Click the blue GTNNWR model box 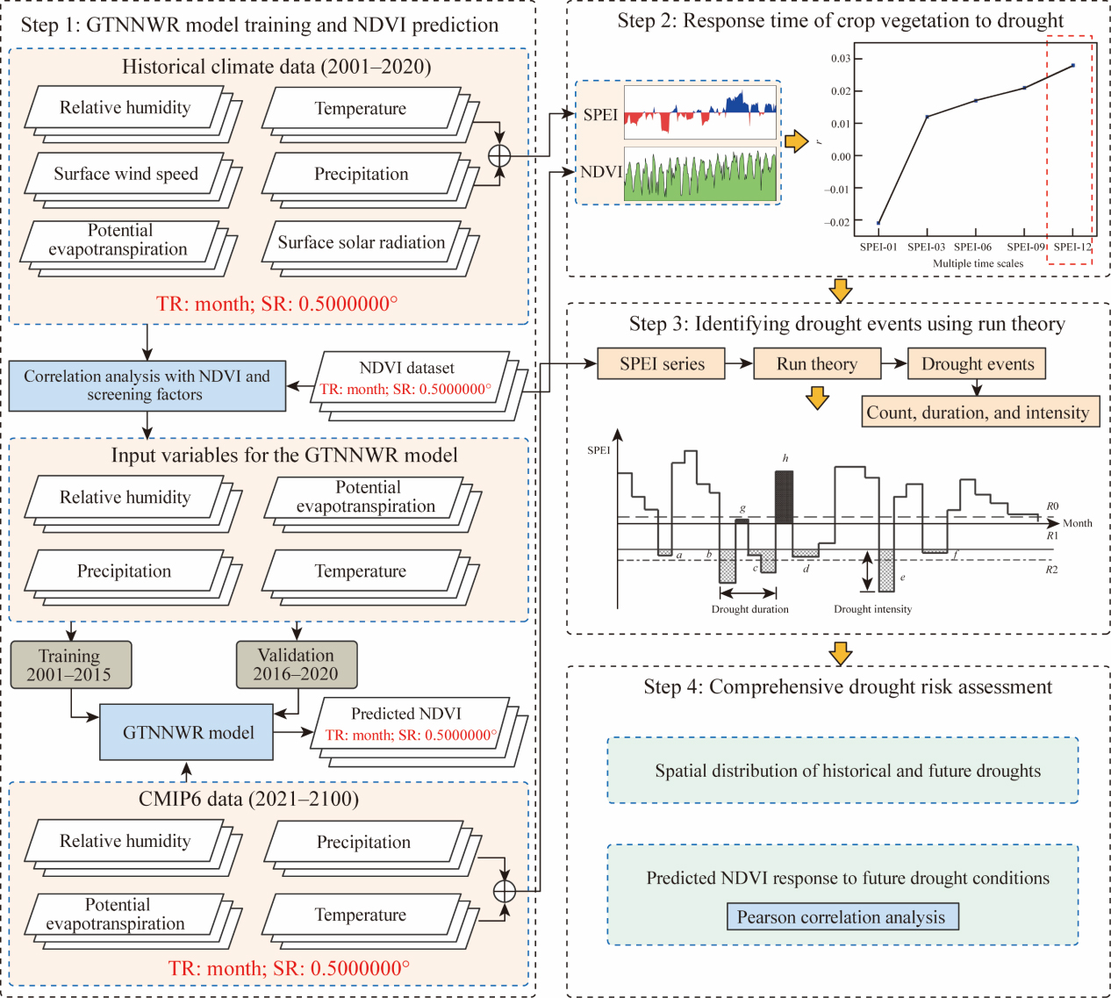[187, 732]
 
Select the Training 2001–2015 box [71, 665]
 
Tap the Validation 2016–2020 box [297, 665]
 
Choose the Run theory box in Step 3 [817, 363]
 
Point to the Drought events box [978, 363]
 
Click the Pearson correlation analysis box [842, 917]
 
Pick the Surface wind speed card [125, 174]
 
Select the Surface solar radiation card [361, 242]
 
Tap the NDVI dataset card [406, 378]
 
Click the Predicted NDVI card [406, 724]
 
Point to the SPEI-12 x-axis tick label [1072, 247]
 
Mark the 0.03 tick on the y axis [841, 59]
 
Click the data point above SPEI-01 [878, 223]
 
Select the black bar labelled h [784, 497]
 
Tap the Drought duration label [749, 609]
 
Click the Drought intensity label [872, 609]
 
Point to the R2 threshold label [1051, 570]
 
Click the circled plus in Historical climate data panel [499, 156]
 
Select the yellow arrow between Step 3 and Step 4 [841, 653]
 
